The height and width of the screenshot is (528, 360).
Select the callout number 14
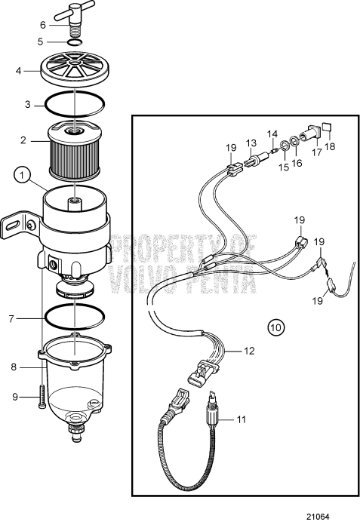click(x=272, y=133)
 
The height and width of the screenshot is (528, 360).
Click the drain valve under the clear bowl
click(x=77, y=432)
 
